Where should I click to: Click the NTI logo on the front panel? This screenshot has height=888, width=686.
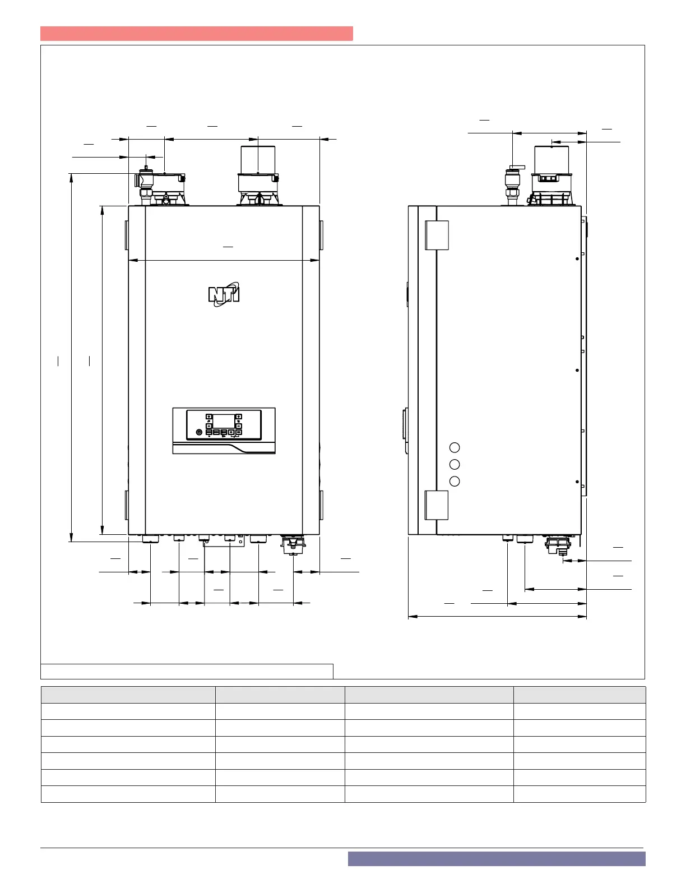pyautogui.click(x=224, y=294)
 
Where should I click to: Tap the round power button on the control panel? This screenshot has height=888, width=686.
pyautogui.click(x=199, y=432)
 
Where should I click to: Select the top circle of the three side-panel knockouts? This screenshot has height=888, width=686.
pyautogui.click(x=455, y=447)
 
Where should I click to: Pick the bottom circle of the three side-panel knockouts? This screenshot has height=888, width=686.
pyautogui.click(x=455, y=481)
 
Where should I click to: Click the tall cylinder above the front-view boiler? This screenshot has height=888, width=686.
pyautogui.click(x=258, y=160)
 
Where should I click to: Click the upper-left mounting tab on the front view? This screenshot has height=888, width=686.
pyautogui.click(x=127, y=235)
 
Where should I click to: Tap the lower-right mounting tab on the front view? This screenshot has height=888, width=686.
pyautogui.click(x=321, y=505)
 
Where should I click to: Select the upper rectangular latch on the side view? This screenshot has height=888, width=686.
pyautogui.click(x=437, y=235)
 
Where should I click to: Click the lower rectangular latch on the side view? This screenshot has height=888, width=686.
pyautogui.click(x=437, y=505)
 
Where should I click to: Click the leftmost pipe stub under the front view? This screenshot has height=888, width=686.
pyautogui.click(x=150, y=539)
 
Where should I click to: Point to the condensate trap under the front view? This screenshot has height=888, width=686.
pyautogui.click(x=293, y=545)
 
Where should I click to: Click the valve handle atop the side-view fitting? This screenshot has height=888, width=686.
pyautogui.click(x=517, y=167)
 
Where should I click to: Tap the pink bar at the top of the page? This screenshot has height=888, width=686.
pyautogui.click(x=197, y=34)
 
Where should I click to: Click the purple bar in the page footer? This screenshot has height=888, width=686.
pyautogui.click(x=497, y=859)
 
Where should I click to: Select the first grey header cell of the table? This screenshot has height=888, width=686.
pyautogui.click(x=128, y=695)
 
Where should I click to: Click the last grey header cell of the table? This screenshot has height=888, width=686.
pyautogui.click(x=580, y=695)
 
